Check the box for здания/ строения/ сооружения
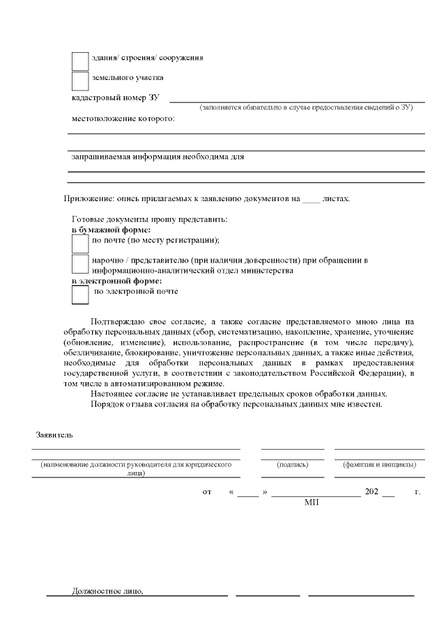(80, 61)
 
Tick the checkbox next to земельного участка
(80, 81)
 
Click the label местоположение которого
(123, 118)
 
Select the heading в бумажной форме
(111, 229)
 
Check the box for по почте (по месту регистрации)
(80, 243)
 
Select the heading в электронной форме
(117, 281)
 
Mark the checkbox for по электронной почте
(80, 295)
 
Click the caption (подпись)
(292, 464)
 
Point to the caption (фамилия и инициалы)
(379, 464)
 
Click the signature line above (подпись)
(292, 449)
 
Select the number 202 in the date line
(371, 491)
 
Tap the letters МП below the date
(312, 501)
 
